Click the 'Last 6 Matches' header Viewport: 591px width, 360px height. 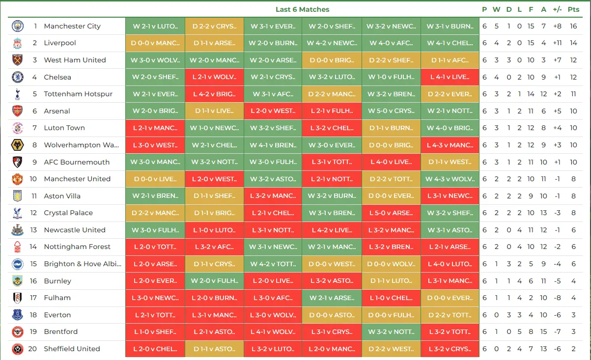tap(302, 9)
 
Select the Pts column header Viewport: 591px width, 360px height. tap(573, 9)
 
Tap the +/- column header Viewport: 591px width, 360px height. tap(557, 9)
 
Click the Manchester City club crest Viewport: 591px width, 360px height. tap(18, 26)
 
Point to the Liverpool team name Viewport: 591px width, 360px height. tap(60, 43)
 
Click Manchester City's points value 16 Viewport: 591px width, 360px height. tap(573, 26)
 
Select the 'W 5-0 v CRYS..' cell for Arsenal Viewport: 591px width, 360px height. tap(391, 111)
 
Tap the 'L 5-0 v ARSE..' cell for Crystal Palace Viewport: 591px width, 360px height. tap(391, 213)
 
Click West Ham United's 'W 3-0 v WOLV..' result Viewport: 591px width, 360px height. tap(155, 60)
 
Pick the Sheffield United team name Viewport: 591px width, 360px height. tap(72, 349)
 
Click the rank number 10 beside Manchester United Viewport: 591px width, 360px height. tap(33, 179)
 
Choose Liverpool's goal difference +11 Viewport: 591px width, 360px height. tap(557, 43)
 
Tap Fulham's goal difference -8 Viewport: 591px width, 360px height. tap(557, 298)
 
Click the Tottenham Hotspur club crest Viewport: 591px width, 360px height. tap(18, 94)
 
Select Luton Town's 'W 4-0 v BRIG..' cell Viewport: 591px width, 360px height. tap(450, 128)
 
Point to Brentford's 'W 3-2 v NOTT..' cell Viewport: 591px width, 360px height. tap(391, 332)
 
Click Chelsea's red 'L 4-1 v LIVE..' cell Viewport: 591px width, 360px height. tap(450, 77)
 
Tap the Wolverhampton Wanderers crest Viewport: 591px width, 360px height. tap(18, 145)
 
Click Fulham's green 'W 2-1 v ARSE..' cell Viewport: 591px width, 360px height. tap(332, 298)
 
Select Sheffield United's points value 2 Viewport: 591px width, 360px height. tap(573, 349)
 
